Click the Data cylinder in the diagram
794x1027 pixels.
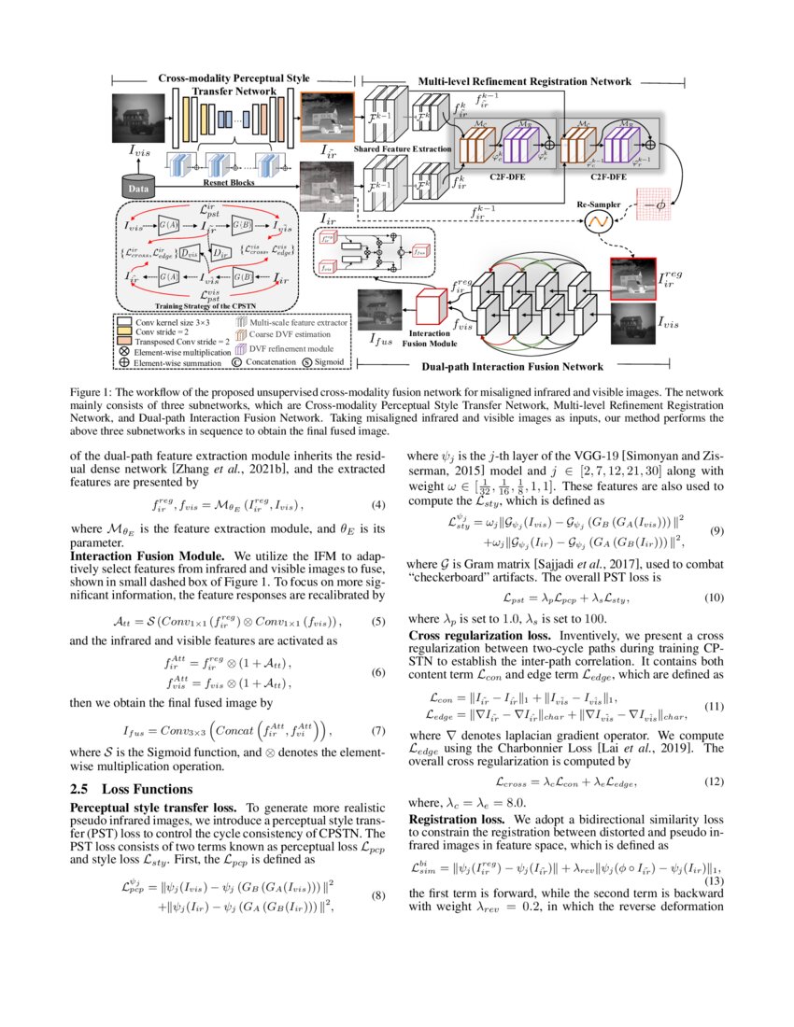pos(135,186)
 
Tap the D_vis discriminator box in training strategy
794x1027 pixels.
pos(191,253)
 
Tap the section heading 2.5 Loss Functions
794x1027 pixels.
pos(132,789)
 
